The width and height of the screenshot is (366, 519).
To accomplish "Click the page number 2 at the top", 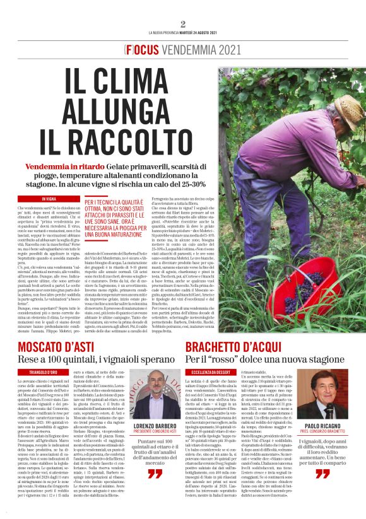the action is pyautogui.click(x=183, y=24).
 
